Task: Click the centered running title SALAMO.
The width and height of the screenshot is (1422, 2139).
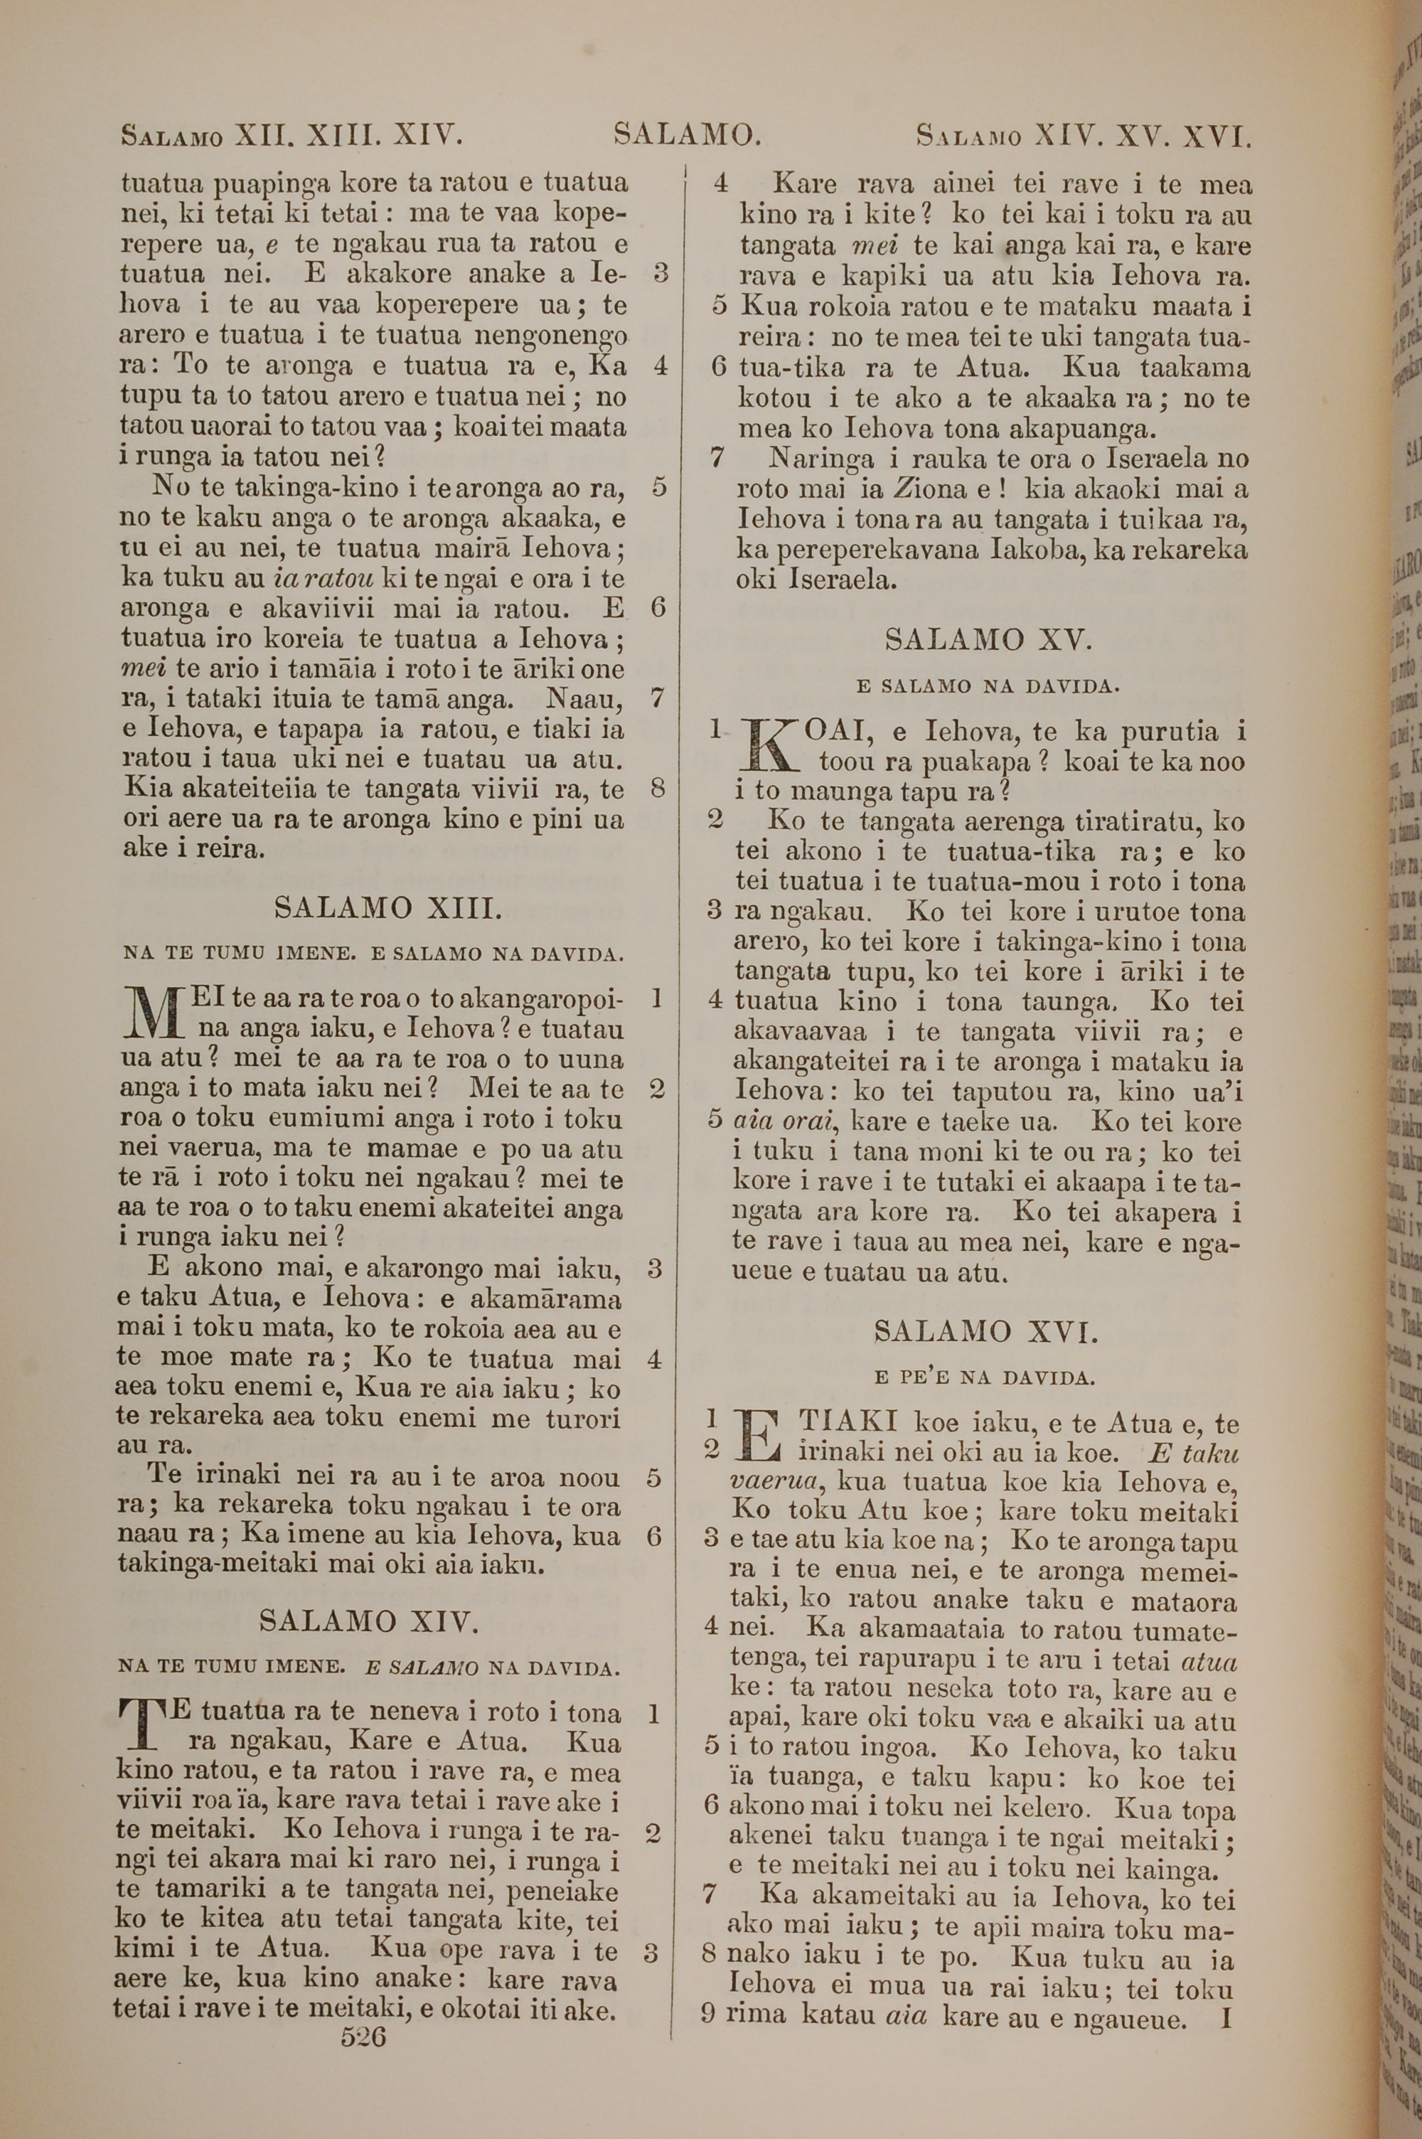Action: (x=687, y=136)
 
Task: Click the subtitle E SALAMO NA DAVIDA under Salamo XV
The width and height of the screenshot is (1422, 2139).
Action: (x=988, y=686)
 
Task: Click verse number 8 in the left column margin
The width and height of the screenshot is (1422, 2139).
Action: (x=659, y=789)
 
